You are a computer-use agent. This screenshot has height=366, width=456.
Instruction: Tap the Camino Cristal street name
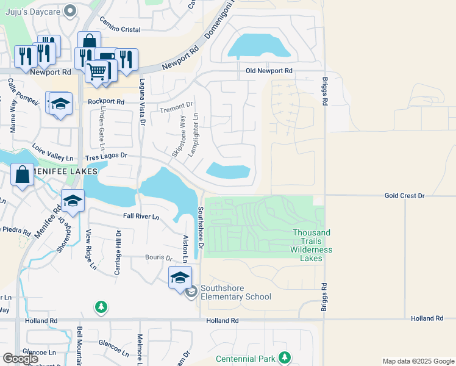[x=120, y=29]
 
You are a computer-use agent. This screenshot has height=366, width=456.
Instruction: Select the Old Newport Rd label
[x=269, y=71]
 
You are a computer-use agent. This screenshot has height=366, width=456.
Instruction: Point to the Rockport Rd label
[x=106, y=101]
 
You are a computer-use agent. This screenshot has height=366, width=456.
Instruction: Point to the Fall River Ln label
[x=141, y=217]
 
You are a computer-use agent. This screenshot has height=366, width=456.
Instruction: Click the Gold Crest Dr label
[x=404, y=196]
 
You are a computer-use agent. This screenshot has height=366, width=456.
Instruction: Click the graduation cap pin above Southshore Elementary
[x=180, y=278]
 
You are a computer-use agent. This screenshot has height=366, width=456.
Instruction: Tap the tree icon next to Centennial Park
[x=283, y=357]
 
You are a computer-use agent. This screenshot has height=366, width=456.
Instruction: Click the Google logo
[x=21, y=359]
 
